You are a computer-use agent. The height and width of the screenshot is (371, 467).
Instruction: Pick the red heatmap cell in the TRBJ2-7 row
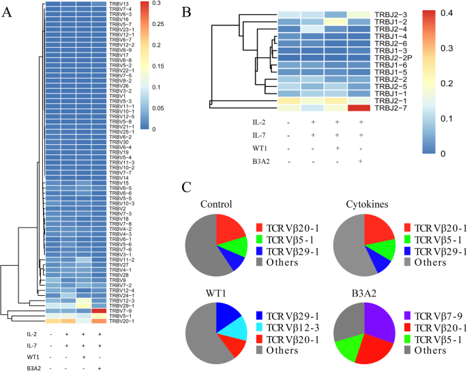click(x=361, y=108)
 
